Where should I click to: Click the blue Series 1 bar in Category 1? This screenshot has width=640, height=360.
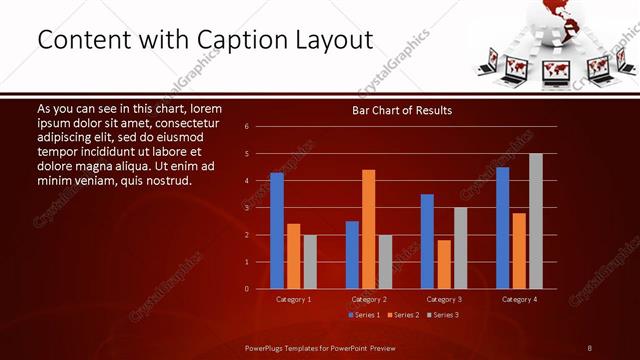(277, 231)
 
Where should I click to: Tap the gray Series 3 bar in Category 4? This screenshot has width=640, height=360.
(536, 221)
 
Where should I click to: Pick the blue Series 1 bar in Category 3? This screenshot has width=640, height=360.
(427, 241)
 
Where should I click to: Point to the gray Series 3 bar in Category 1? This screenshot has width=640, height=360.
(310, 262)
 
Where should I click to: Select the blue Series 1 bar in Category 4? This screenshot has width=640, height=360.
(502, 228)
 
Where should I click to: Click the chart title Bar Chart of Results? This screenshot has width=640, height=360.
(402, 110)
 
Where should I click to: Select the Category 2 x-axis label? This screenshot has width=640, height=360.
(368, 299)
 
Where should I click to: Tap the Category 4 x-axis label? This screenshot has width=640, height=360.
(518, 299)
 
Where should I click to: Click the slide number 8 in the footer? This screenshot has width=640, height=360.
(589, 347)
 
